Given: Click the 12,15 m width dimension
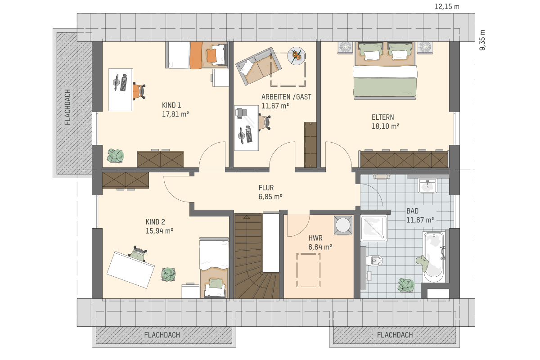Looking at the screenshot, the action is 447,6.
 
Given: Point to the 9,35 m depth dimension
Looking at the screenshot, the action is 482,40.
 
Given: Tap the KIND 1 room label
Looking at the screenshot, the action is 171,105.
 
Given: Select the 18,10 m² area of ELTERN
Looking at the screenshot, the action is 385,126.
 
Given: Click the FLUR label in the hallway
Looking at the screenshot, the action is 266,188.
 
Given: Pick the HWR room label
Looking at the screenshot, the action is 315,238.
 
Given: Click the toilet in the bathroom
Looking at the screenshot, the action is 374,261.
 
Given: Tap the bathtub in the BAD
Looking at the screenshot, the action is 434,257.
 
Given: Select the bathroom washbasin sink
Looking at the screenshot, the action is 427,186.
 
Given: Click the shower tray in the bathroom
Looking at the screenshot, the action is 374,228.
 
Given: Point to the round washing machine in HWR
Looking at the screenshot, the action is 343,225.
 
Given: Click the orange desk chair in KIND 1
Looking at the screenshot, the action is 139,91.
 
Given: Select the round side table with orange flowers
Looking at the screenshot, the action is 296,56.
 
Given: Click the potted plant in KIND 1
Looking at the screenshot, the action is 116,156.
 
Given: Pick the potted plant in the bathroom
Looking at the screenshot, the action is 406,285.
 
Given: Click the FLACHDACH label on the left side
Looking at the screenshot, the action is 67,107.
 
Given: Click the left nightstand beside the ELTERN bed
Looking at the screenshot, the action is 345,47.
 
